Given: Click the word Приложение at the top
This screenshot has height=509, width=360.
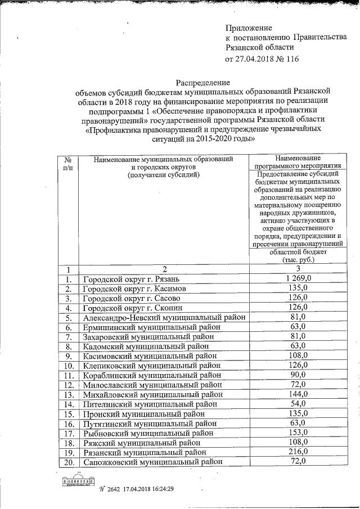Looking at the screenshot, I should click(249, 28).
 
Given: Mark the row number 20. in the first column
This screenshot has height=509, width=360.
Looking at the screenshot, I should click(68, 461).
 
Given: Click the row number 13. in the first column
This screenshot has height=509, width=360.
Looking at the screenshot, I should click(68, 394).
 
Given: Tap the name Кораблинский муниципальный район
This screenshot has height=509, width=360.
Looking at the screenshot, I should click(148, 375).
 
